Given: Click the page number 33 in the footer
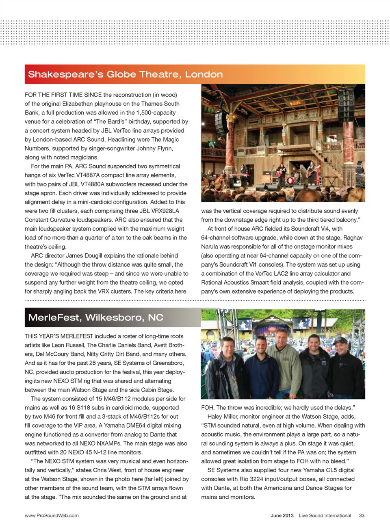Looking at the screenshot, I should pyautogui.click(x=362, y=515).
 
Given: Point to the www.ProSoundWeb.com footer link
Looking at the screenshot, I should pyautogui.click(x=52, y=515).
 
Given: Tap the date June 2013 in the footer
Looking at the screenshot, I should pyautogui.click(x=282, y=515).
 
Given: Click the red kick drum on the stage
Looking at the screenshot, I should pyautogui.click(x=290, y=181).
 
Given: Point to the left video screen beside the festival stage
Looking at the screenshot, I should pyautogui.click(x=245, y=324).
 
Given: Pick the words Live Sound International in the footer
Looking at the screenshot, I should pyautogui.click(x=325, y=515).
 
